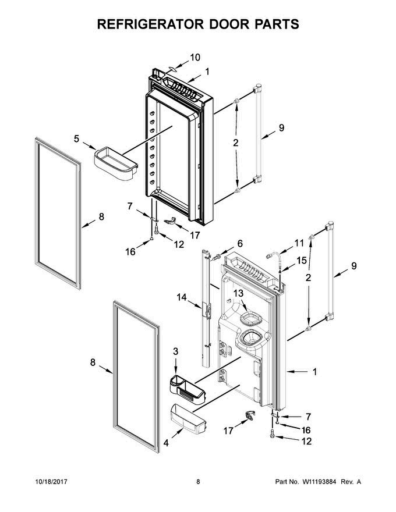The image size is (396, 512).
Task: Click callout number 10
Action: pos(195,58)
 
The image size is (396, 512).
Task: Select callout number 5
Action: pos(76,138)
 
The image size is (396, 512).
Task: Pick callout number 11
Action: pos(299,243)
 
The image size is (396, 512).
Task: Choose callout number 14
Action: pos(182,297)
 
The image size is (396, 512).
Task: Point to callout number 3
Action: pos(176,351)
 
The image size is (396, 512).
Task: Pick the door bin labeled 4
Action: pos(188,420)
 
